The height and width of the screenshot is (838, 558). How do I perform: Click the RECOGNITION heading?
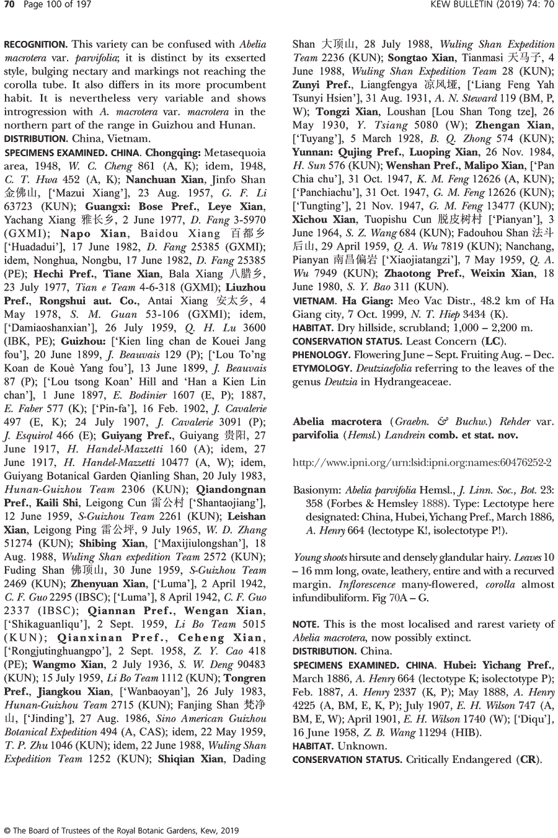tap(35, 45)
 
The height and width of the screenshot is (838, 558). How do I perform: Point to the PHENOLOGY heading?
tap(321, 355)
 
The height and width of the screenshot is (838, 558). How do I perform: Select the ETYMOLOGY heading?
tap(320, 368)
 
